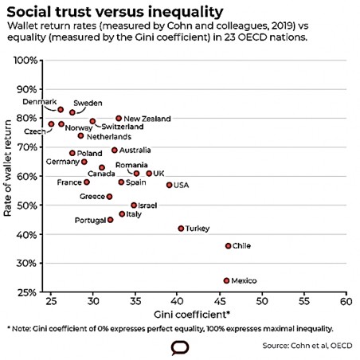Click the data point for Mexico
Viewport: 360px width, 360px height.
(x=226, y=280)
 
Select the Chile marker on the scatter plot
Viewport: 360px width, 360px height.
(x=228, y=246)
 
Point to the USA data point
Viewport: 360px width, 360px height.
(x=169, y=185)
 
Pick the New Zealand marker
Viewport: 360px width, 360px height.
(x=119, y=118)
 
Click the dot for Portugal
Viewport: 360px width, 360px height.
(x=110, y=219)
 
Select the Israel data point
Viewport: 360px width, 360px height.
(x=134, y=205)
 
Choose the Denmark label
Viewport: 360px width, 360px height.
(x=39, y=102)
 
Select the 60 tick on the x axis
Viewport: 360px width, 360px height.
(x=345, y=303)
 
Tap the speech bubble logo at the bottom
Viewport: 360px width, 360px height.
(x=179, y=348)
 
